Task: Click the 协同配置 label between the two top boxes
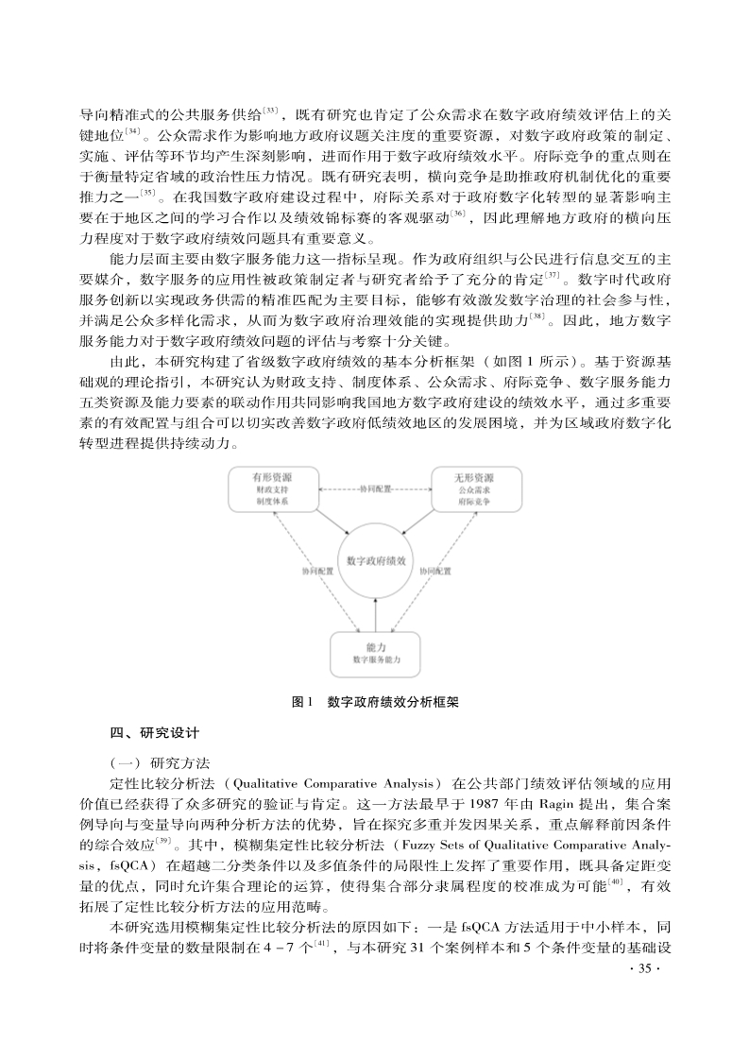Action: click(375, 489)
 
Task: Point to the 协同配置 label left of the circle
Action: click(317, 572)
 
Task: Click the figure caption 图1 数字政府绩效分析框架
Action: click(376, 702)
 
